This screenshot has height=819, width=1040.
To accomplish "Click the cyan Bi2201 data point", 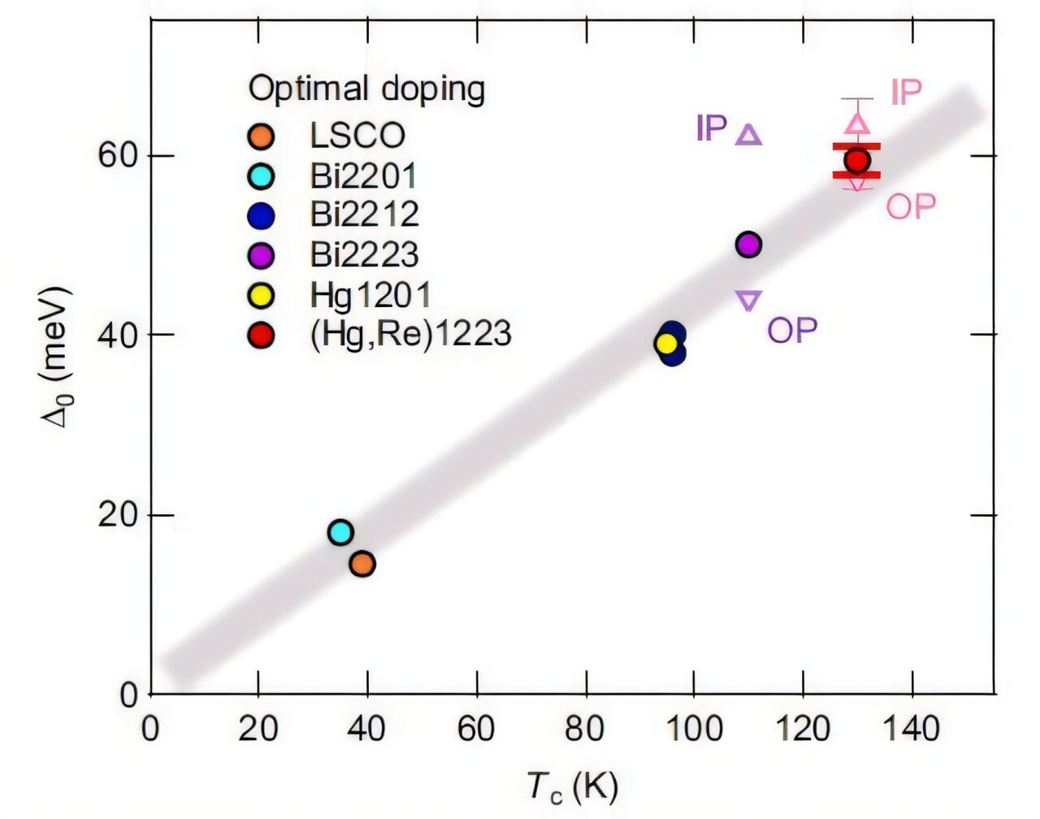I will coord(340,532).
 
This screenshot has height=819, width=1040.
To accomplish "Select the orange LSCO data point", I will coord(362,563).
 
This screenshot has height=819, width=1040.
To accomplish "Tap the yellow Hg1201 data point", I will coord(666,344).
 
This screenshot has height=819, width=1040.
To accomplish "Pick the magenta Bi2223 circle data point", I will coord(748,244).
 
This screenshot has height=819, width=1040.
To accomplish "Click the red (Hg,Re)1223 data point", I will coord(856,161).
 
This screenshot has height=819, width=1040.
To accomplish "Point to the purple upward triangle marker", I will coord(748,135).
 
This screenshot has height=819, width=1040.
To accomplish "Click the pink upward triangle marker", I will coord(858,123).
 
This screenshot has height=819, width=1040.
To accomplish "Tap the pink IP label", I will coord(907,93).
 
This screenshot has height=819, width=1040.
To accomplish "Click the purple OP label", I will coord(792,330).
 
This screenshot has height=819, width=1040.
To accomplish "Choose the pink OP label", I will coord(911,207).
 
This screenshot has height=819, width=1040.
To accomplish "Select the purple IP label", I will coord(712,128).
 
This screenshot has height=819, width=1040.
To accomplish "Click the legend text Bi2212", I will coord(364,214).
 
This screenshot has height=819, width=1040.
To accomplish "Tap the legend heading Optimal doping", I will coord(366,89).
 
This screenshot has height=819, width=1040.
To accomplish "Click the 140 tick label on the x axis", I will coord(912,729).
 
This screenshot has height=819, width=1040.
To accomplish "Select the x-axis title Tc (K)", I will coord(573,786).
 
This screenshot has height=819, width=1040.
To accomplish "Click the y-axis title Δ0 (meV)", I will coord(58,357).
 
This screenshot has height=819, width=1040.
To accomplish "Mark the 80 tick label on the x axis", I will coord(585,729).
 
